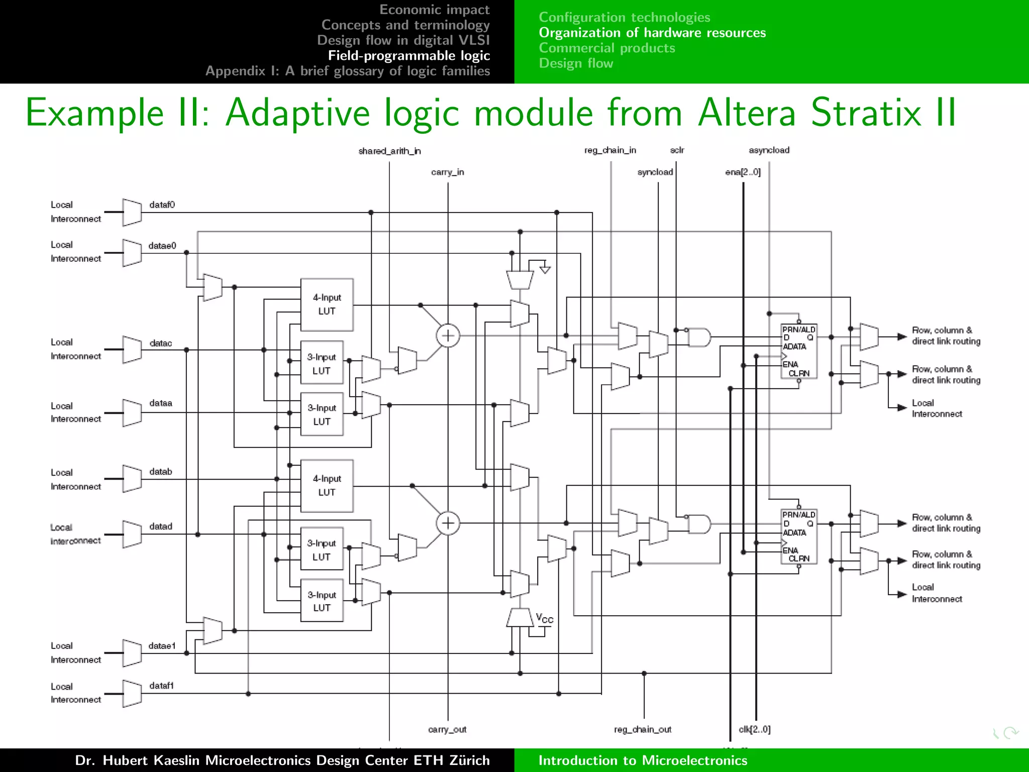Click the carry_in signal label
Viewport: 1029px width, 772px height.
(447, 172)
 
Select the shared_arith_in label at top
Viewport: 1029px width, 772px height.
(389, 151)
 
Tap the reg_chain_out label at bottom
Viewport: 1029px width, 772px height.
(642, 729)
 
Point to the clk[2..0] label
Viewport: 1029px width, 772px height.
(754, 729)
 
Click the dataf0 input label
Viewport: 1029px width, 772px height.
(162, 205)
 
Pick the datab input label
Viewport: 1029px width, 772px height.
(160, 472)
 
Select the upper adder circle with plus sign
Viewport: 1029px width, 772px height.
(448, 336)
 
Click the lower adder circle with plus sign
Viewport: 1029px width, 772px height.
(448, 524)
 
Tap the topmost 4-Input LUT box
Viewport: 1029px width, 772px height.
(327, 305)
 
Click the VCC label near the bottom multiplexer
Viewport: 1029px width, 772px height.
(544, 618)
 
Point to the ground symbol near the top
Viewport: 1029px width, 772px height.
(545, 269)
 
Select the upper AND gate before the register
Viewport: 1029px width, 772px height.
(699, 337)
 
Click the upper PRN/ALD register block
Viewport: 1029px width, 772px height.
(798, 351)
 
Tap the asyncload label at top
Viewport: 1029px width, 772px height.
(769, 150)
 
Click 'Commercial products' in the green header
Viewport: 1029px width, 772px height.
(606, 48)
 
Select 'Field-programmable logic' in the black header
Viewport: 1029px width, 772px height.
(408, 56)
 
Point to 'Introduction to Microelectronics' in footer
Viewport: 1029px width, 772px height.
(643, 760)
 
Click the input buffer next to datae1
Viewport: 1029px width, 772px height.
(132, 653)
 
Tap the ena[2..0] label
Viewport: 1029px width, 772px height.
(743, 172)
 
